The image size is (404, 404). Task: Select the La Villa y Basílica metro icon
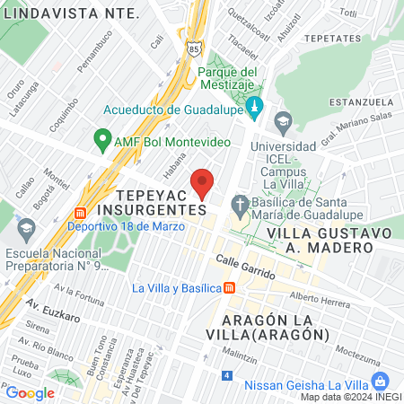231,287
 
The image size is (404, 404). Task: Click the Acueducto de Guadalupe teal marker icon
254,107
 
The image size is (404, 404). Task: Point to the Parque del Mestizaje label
228,78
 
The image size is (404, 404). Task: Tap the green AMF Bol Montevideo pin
101,141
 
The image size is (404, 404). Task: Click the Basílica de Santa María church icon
239,205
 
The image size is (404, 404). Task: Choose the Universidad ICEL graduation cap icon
283,121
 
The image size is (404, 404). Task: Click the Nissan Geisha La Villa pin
381,380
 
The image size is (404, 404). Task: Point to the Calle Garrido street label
246,262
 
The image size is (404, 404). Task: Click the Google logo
30,392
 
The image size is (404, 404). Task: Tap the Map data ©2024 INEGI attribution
350,397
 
